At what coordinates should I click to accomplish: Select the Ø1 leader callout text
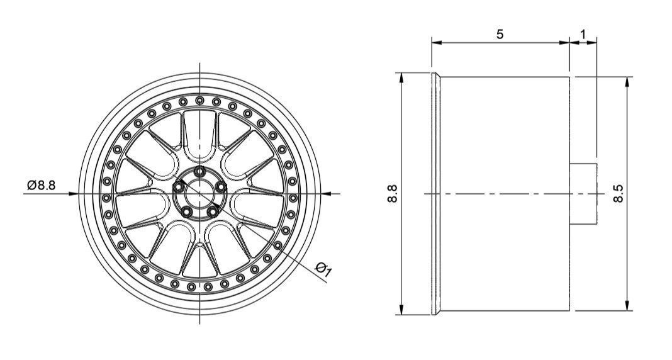(324, 269)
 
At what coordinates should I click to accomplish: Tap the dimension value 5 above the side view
(500, 34)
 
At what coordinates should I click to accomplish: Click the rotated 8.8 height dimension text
(393, 194)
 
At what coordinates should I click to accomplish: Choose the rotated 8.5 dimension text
(619, 194)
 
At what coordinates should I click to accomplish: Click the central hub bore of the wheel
(199, 194)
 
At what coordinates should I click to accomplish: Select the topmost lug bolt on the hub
(199, 171)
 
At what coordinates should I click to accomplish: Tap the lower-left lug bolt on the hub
(186, 212)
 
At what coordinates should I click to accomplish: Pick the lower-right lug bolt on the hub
(213, 212)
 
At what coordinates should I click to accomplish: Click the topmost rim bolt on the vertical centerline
(199, 100)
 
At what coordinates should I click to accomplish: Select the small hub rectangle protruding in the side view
(583, 194)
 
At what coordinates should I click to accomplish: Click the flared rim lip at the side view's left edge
(435, 194)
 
